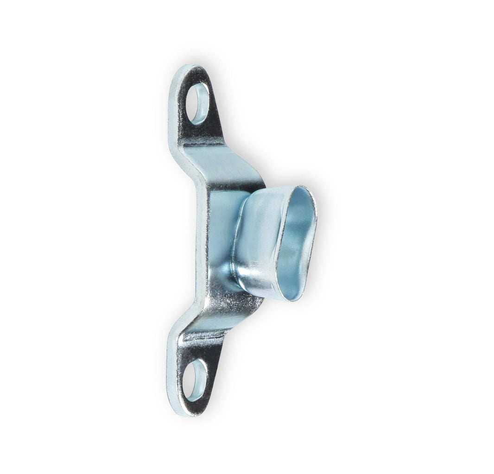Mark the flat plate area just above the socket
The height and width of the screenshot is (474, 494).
pos(232,183)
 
